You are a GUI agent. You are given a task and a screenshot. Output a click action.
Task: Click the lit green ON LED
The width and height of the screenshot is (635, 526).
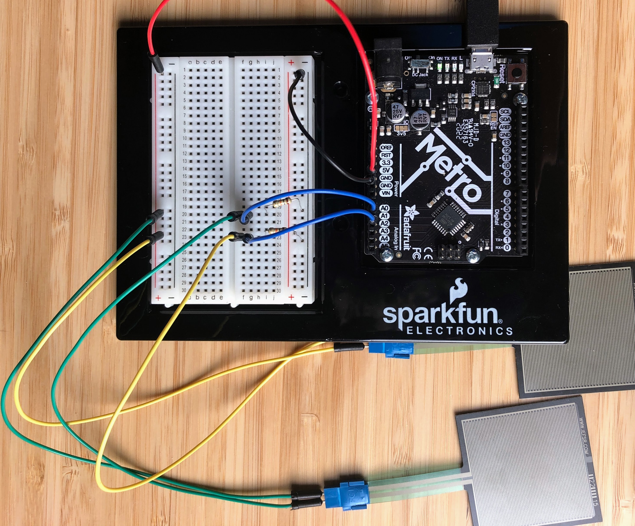click(x=439, y=66)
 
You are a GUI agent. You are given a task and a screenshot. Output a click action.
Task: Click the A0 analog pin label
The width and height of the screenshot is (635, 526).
click(x=384, y=208)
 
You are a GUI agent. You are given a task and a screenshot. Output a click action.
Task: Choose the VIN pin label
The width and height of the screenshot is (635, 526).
click(x=386, y=193)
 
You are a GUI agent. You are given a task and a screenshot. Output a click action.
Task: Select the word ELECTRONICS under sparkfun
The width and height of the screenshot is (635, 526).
click(x=459, y=331)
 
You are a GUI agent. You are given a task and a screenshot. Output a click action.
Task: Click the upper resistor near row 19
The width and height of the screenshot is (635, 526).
click(x=282, y=202)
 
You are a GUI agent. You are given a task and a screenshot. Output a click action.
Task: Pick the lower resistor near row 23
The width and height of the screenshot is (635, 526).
click(x=278, y=231)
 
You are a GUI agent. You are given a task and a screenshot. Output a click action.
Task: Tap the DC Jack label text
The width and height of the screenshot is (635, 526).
click(x=420, y=74)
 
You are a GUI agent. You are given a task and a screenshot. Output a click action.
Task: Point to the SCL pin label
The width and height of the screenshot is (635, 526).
click(x=505, y=111)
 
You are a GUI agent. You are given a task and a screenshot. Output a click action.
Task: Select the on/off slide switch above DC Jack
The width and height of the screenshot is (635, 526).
click(x=420, y=64)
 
